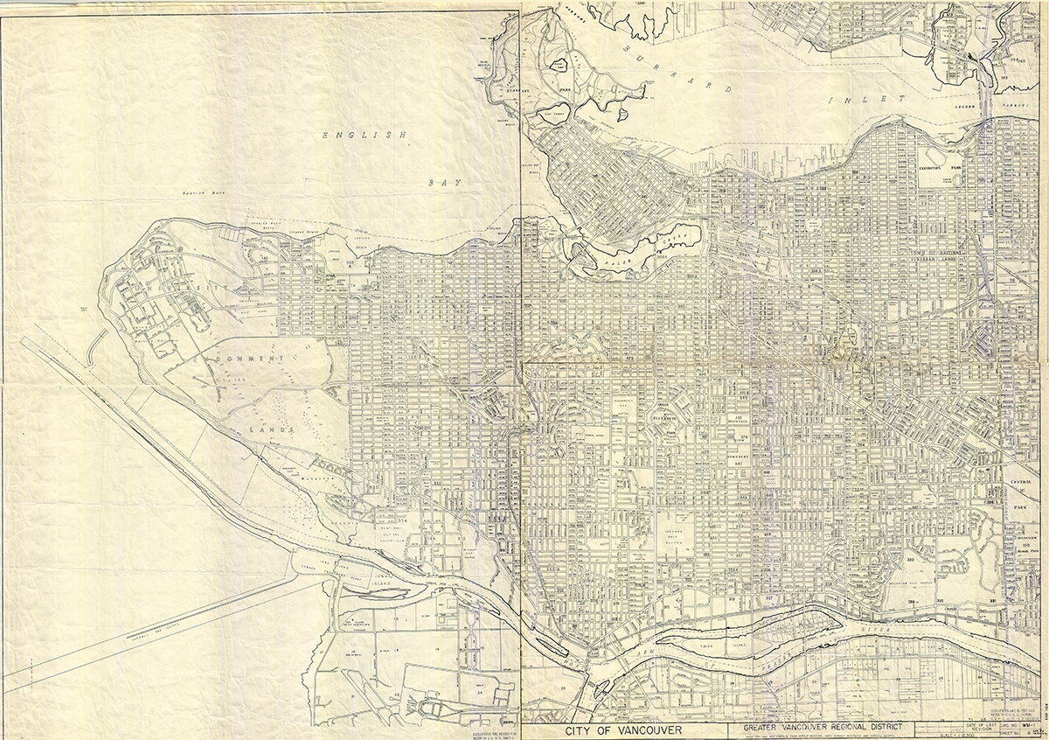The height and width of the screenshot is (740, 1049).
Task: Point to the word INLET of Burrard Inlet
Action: (x=877, y=101)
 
